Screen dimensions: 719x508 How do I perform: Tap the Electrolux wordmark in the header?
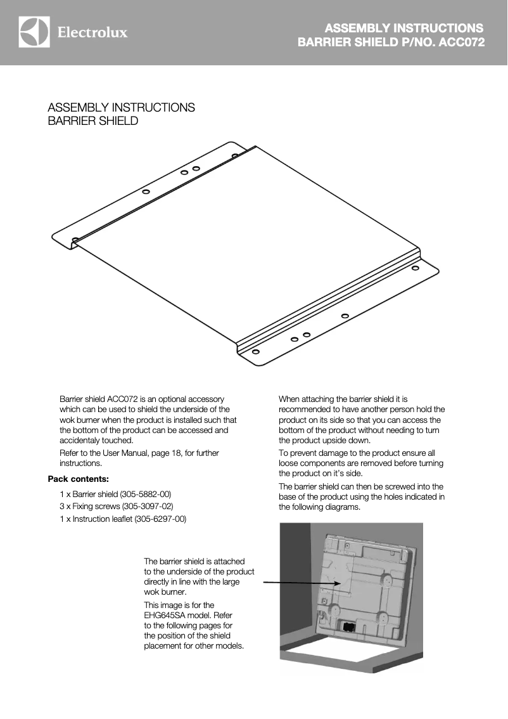pyautogui.click(x=92, y=32)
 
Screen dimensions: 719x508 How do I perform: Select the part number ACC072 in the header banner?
pyautogui.click(x=461, y=43)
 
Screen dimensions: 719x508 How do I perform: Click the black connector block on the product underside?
pyautogui.click(x=348, y=626)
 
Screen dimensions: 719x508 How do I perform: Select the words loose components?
pyautogui.click(x=312, y=463)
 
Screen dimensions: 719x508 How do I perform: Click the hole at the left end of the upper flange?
pyautogui.click(x=76, y=240)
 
